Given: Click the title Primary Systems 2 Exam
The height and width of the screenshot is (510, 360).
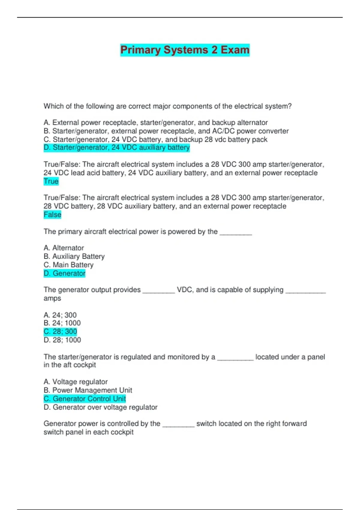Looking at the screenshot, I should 185,50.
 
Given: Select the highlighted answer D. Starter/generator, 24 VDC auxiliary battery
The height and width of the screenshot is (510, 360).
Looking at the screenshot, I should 117,148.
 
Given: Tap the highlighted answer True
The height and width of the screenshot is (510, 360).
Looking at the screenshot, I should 51,181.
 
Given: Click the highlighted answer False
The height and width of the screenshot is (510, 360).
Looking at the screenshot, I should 52,214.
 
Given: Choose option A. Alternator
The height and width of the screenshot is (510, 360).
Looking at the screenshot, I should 64,248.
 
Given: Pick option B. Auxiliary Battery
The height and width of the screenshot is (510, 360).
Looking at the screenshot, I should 74,256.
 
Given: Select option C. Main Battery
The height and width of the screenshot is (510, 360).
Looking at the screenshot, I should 68,265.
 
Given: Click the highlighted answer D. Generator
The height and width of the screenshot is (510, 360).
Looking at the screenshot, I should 64,273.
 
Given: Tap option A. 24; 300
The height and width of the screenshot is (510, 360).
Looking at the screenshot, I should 60,315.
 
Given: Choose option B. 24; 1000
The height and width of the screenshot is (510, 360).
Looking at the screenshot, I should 62,323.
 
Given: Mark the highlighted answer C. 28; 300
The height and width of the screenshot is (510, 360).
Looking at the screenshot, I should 60,331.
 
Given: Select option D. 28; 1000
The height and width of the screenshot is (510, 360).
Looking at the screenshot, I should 62,340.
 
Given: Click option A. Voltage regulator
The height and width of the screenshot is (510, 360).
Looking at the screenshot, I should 76,382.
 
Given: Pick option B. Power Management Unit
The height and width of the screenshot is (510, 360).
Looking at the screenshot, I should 88,390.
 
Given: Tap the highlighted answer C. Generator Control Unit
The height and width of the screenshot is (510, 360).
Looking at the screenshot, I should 85,399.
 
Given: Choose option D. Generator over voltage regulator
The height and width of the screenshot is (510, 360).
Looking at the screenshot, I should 100,407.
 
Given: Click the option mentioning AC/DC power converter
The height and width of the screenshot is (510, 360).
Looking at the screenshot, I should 166,131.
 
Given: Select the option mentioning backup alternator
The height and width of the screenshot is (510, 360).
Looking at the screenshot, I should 155,122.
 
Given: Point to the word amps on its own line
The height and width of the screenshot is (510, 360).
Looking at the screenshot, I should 52,298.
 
